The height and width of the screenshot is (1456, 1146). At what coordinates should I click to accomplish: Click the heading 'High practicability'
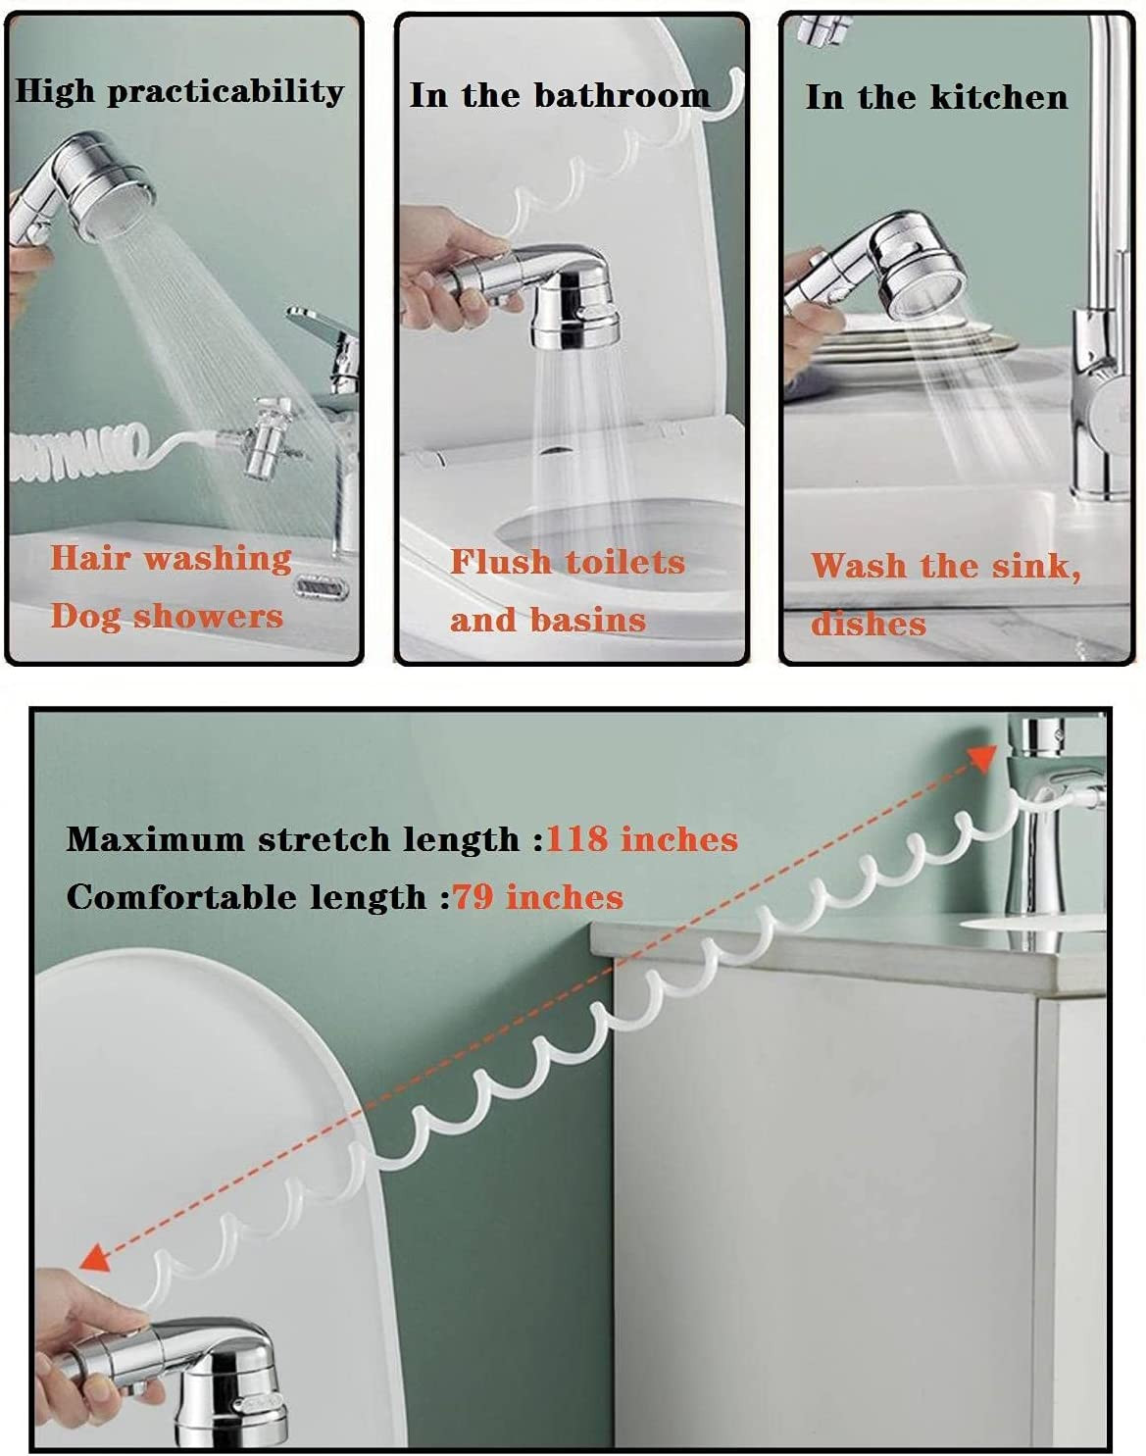click(179, 91)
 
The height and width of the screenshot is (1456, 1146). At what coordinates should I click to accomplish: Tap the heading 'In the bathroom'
click(560, 95)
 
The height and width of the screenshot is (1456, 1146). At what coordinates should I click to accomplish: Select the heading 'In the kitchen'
click(937, 97)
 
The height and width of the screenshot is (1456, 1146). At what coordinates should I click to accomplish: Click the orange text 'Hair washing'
click(171, 559)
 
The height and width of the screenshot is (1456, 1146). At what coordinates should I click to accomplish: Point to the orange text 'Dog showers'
click(167, 616)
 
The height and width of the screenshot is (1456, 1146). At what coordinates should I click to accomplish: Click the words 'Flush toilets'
click(568, 562)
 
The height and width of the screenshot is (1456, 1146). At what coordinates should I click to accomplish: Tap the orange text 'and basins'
click(548, 620)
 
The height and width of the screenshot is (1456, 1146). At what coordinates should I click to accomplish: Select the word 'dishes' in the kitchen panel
click(869, 624)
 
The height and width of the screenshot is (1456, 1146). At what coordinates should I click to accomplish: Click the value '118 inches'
click(641, 839)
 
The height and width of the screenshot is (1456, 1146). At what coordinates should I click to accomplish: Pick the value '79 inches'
click(538, 897)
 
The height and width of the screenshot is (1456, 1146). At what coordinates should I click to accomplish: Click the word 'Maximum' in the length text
click(155, 839)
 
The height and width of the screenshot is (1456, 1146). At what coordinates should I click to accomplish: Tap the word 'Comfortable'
click(181, 897)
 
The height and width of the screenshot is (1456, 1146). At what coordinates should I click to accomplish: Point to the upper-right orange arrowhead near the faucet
click(982, 757)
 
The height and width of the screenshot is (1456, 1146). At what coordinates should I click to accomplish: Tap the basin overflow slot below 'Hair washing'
click(322, 586)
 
